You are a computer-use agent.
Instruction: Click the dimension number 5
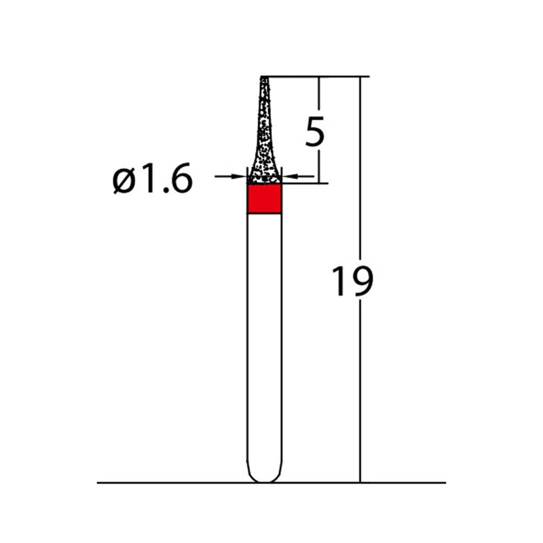point(315,132)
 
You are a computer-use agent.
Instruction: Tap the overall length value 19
point(352,282)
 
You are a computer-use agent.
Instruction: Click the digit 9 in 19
point(362,282)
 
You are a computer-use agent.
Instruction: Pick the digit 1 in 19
point(339,282)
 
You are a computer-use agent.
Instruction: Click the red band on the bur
point(264,200)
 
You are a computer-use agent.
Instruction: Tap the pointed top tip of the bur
point(264,79)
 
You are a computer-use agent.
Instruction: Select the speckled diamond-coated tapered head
point(264,136)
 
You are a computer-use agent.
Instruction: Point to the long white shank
point(264,339)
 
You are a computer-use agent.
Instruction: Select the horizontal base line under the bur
point(170,483)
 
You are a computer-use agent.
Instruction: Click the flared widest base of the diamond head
point(264,178)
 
